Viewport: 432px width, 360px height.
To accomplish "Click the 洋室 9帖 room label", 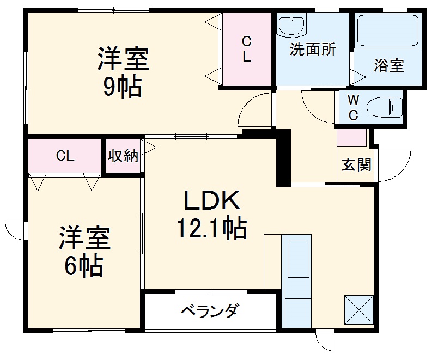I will (x=123, y=72).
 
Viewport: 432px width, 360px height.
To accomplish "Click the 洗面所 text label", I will (x=313, y=50).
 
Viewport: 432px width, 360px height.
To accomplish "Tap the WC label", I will (x=353, y=107).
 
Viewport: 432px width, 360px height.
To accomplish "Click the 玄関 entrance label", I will (x=356, y=164).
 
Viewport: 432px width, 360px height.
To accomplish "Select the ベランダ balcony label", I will (x=209, y=312).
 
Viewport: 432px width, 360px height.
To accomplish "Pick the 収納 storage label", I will (x=123, y=156).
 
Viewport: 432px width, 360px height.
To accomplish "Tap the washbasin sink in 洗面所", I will (x=291, y=25).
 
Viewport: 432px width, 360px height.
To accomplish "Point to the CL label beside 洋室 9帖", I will (x=247, y=48).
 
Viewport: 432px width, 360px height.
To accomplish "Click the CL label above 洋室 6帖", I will (x=65, y=156).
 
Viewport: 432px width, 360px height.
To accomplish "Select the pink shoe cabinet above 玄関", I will (x=351, y=137).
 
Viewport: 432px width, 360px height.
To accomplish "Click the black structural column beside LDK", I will (x=283, y=158).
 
